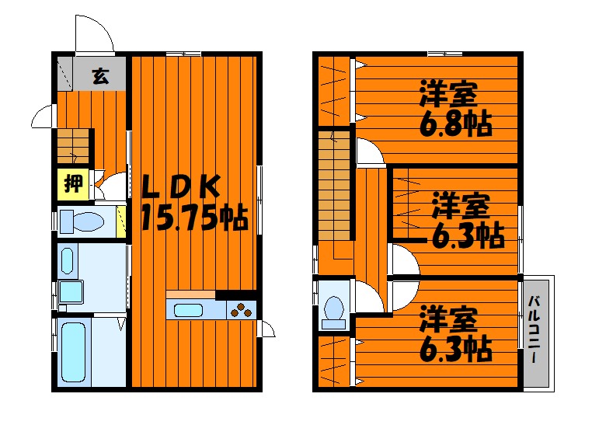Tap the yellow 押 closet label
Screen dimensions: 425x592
coord(73,184)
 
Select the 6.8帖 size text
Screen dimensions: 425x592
coord(456,124)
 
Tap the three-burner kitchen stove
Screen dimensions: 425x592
coord(242,310)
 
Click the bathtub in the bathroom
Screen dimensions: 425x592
coord(74,350)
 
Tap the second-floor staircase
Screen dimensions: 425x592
coord(335,186)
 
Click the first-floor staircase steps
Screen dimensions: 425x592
coord(72,145)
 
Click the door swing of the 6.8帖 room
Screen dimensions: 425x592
coord(370,152)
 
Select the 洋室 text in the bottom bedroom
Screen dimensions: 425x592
coord(447,319)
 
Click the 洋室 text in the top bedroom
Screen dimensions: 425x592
coord(447,92)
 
